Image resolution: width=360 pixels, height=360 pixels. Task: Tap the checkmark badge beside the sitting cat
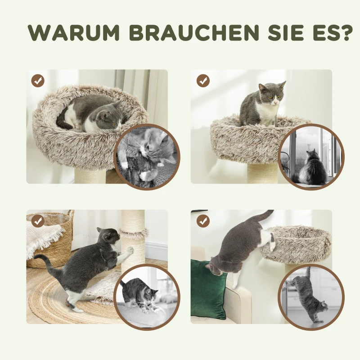point(203,81)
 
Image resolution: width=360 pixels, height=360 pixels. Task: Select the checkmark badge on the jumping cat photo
point(203,220)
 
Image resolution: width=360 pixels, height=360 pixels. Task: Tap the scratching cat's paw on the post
point(129,249)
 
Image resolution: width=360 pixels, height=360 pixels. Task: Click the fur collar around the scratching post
point(133,234)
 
